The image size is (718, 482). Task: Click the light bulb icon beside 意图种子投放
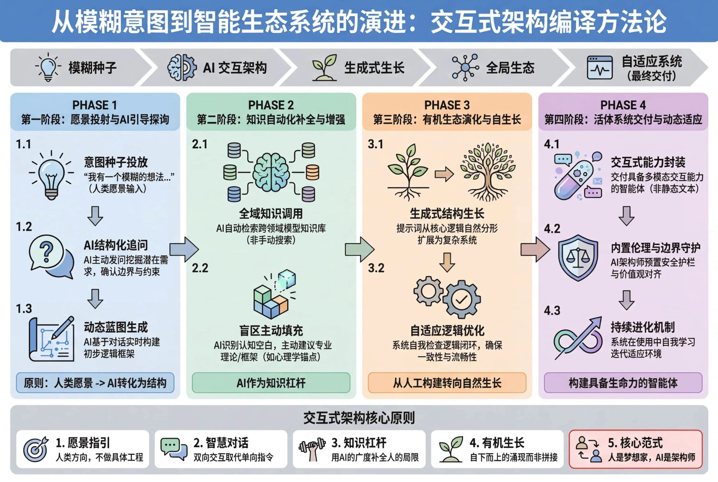pos(51,175)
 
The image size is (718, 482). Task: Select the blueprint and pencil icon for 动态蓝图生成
pos(51,339)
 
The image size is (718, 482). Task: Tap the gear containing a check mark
pos(461,299)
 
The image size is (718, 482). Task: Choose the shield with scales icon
pos(577,258)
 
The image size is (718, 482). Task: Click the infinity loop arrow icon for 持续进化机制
pos(577,338)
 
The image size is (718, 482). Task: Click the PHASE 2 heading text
pos(271,105)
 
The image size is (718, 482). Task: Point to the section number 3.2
pos(376,268)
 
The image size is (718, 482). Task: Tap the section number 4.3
pos(552,311)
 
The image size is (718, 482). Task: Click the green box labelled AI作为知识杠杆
pos(271,383)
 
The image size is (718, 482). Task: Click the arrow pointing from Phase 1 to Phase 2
pos(184,249)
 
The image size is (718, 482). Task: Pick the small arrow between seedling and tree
pos(444,174)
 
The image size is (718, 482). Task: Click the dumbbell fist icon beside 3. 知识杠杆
pos(312,449)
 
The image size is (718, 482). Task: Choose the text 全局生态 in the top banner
pos(510,68)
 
